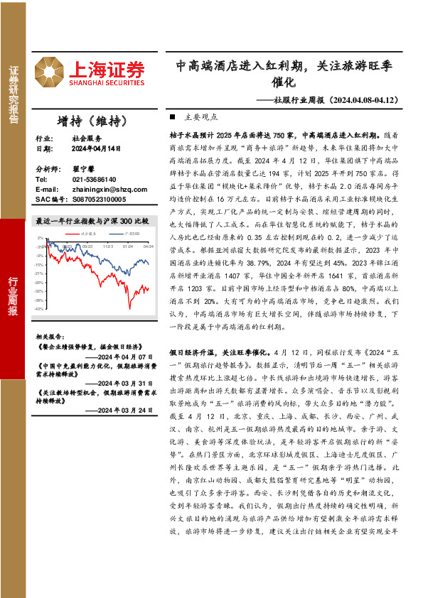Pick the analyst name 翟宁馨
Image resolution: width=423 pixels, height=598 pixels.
83,170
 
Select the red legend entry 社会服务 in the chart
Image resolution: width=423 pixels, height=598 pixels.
87,232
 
